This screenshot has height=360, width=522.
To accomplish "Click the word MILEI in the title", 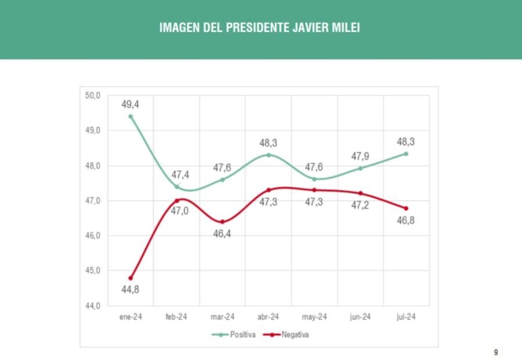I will pos(346,28).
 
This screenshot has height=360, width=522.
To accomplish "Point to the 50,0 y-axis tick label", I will pos(93,95).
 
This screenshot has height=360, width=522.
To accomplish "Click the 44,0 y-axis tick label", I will pos(93,306).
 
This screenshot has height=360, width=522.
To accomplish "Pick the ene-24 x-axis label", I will pos(130,317).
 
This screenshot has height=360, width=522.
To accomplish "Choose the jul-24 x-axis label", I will pos(405,317).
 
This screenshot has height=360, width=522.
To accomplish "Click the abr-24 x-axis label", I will pos(268,317).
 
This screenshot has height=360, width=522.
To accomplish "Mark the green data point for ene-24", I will pos(130,117).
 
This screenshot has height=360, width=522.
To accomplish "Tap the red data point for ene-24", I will pos(130,278).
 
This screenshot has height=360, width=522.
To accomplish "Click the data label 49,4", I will pos(130,104).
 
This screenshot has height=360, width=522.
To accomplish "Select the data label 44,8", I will pos(130,290).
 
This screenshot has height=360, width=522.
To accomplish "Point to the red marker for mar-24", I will pos(222,222).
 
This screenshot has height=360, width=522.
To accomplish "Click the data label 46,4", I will pos(222,234).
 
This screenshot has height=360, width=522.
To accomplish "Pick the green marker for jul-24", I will pos(406,154).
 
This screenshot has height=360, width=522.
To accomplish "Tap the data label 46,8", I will pos(405,220).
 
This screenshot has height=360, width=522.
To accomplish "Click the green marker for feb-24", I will pos(177,187).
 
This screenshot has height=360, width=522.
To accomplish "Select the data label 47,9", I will pos(360,156).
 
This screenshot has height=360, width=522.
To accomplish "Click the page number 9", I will pos(496,352).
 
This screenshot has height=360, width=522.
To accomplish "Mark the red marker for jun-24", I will pos(360,193).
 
